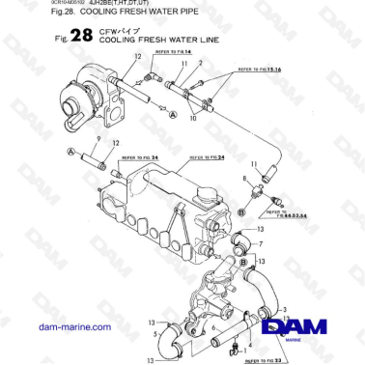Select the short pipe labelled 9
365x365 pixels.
tap(96, 154)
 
